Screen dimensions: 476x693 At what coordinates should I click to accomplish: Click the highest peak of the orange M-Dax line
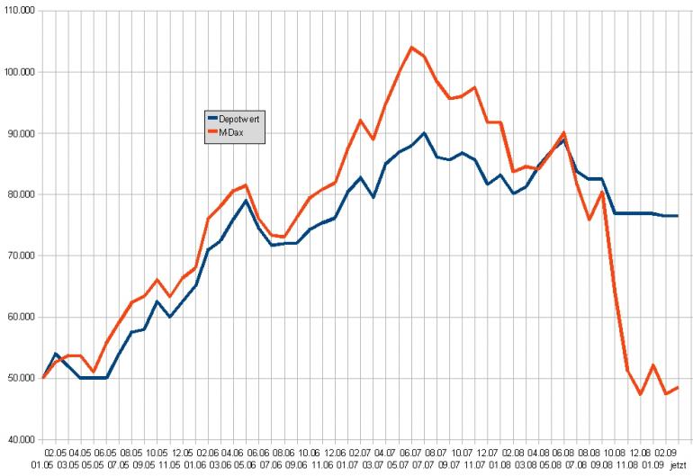click(x=411, y=47)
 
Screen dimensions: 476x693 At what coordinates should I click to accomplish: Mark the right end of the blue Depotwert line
click(x=677, y=216)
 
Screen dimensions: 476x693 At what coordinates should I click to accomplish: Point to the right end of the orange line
click(x=677, y=387)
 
